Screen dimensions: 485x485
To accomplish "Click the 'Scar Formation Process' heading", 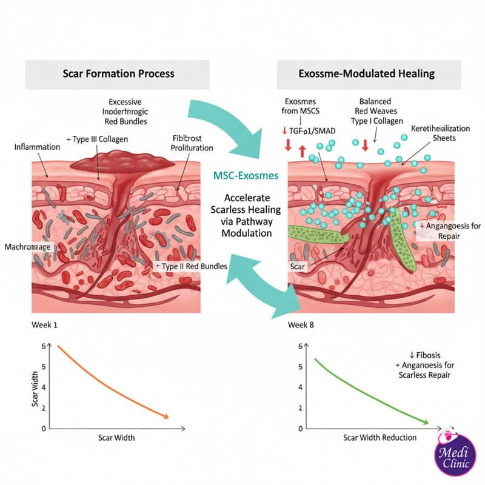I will [x=118, y=73].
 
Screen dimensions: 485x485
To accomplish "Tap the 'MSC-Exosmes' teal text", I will [x=246, y=175].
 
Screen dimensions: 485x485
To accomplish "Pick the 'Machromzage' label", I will [x=28, y=247].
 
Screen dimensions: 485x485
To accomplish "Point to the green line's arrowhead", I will [x=427, y=422].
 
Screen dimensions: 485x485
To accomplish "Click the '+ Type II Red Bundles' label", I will [x=192, y=266].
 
